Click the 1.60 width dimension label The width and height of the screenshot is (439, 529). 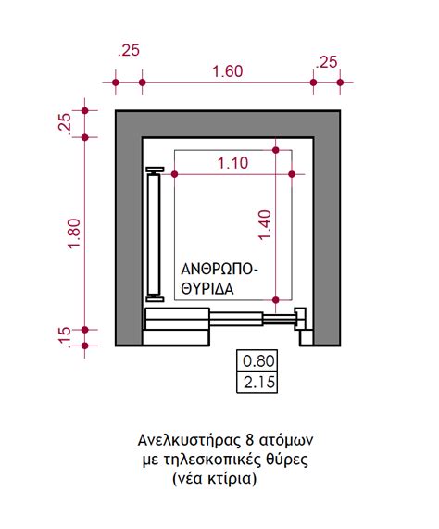(x=228, y=71)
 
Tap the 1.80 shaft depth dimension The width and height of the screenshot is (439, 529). (x=74, y=233)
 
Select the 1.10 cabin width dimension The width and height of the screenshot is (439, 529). (x=232, y=163)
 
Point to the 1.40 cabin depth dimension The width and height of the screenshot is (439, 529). (x=265, y=224)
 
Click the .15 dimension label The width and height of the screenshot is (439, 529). (x=64, y=337)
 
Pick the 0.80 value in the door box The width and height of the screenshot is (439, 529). (x=259, y=361)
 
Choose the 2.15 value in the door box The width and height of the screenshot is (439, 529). (x=259, y=383)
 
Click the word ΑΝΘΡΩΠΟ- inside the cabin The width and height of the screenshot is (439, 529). (x=219, y=270)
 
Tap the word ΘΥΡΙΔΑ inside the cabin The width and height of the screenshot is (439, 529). (x=207, y=289)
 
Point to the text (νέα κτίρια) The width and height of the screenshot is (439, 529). (x=215, y=478)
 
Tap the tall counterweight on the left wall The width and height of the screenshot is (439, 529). (x=155, y=234)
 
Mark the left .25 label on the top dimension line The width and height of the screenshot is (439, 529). (x=129, y=50)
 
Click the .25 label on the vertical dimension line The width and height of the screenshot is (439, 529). (x=65, y=123)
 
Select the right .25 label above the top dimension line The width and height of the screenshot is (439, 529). (x=326, y=62)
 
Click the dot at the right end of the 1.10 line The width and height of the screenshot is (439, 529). (x=292, y=174)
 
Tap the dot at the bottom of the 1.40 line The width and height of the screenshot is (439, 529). (x=276, y=299)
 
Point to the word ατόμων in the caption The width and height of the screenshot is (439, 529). (x=286, y=441)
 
